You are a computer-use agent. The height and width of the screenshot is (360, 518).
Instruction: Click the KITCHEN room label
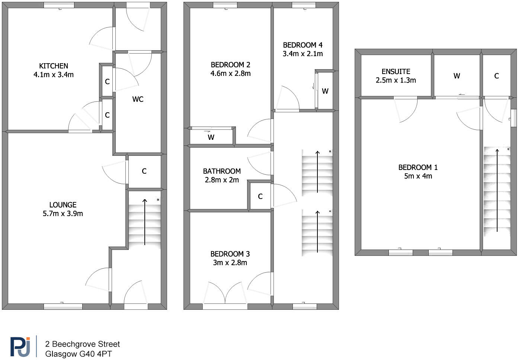[x=54, y=66]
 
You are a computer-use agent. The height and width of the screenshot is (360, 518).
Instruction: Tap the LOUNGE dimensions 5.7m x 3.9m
[x=63, y=213]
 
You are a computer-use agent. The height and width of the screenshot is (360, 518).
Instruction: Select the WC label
[x=138, y=99]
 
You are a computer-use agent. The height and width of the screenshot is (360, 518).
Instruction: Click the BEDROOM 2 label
[x=230, y=65]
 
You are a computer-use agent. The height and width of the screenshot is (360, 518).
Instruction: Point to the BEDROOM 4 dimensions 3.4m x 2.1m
[x=303, y=54]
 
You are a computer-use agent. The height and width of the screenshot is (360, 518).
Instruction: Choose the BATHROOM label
[x=222, y=171]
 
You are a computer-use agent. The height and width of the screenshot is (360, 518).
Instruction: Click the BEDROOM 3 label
[x=230, y=254]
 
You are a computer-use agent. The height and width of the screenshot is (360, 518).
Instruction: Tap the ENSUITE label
[x=396, y=71]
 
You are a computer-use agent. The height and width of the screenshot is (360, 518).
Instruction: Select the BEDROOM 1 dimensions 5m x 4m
[x=418, y=176]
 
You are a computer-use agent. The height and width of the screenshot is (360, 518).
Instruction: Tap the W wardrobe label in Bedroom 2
[x=211, y=137]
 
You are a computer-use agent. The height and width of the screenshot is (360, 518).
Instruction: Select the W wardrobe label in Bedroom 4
[x=325, y=91]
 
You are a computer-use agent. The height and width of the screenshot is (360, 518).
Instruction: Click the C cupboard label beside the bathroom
[x=260, y=196]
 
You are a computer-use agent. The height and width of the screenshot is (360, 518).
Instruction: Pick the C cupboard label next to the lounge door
[x=144, y=171]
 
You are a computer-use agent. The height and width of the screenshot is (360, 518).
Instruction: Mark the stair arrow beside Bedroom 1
[x=497, y=190]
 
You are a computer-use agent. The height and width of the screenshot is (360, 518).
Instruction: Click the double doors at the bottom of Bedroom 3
[x=225, y=294]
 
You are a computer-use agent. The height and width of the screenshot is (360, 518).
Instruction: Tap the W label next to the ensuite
[x=457, y=76]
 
